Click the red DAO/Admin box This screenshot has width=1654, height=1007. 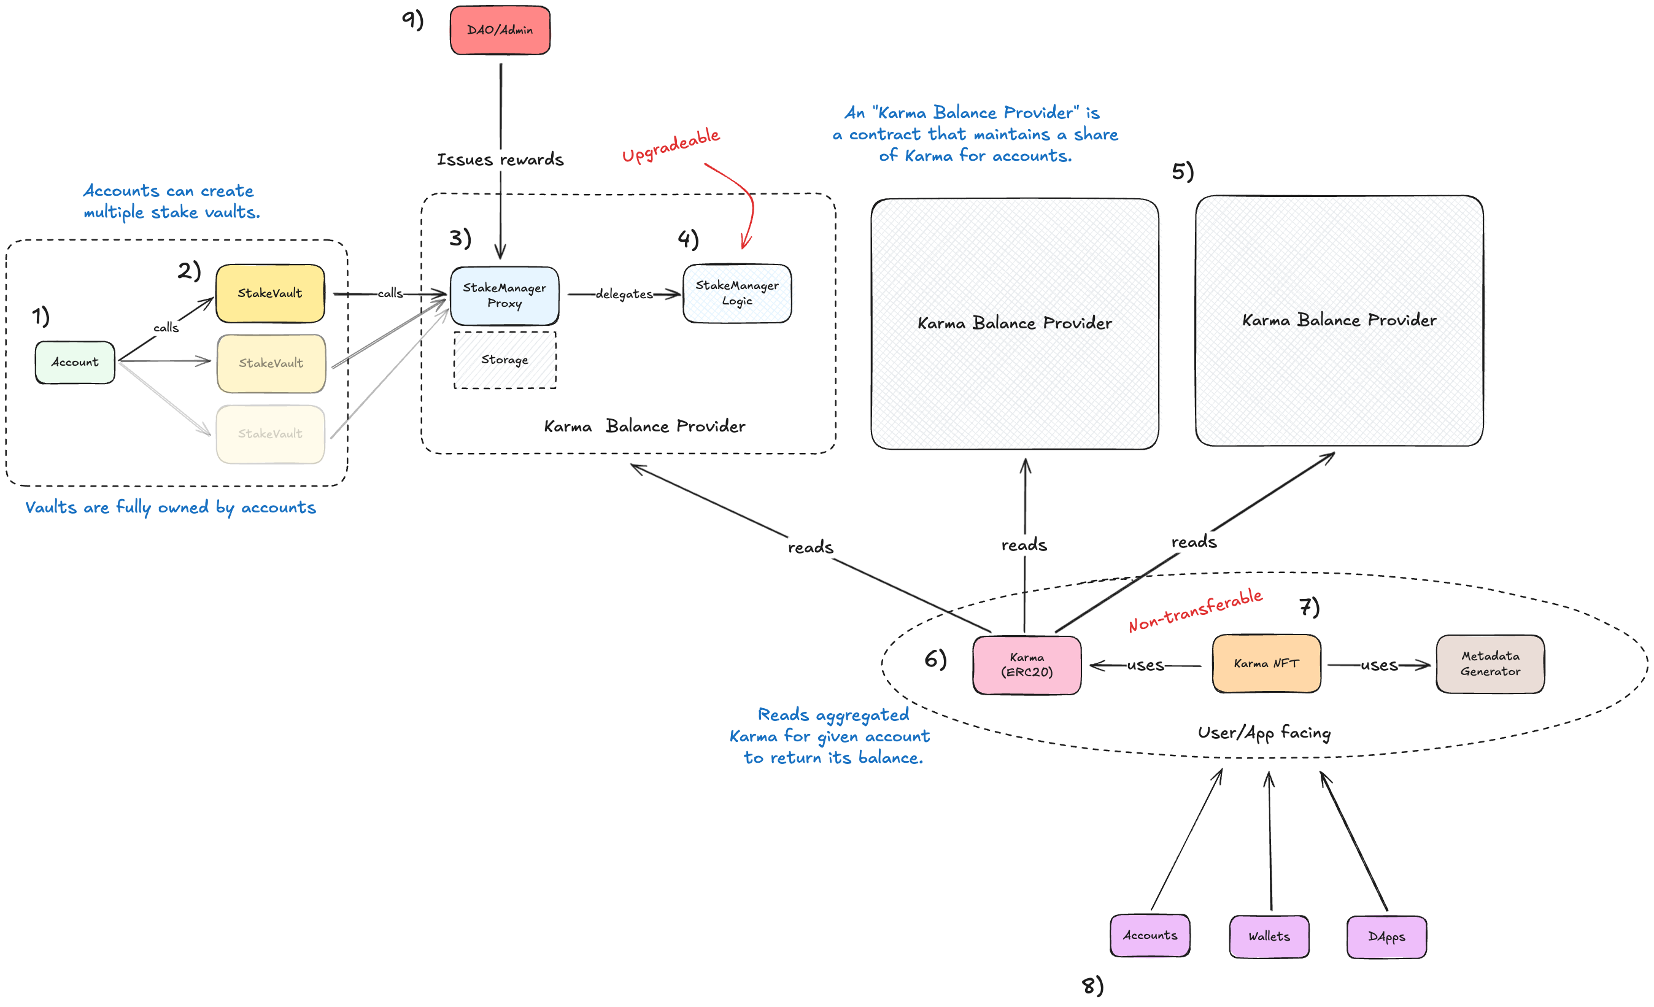pyautogui.click(x=500, y=30)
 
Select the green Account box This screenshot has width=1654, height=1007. pyautogui.click(x=74, y=363)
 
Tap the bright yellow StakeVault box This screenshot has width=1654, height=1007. pyautogui.click(x=270, y=293)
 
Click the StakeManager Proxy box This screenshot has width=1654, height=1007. pyautogui.click(x=504, y=295)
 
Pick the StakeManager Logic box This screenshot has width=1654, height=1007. pyautogui.click(x=737, y=293)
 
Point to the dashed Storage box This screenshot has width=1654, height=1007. pyautogui.click(x=504, y=360)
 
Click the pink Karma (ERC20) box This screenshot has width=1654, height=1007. pyautogui.click(x=1026, y=665)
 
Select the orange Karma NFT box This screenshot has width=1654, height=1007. pyautogui.click(x=1266, y=663)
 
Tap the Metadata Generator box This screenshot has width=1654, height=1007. pyautogui.click(x=1490, y=663)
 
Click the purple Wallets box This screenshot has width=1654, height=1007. pyautogui.click(x=1269, y=936)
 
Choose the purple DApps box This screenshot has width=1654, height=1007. pyautogui.click(x=1386, y=936)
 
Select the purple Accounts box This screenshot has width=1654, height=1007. pyautogui.click(x=1150, y=935)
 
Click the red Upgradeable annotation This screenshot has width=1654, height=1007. pyautogui.click(x=670, y=145)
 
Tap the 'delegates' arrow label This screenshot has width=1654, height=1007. pyautogui.click(x=624, y=294)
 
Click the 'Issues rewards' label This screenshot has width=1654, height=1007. pyautogui.click(x=500, y=160)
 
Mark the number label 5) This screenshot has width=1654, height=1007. pyautogui.click(x=1183, y=171)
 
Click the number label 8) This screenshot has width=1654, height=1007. pyautogui.click(x=1092, y=986)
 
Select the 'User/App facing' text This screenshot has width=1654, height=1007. pyautogui.click(x=1264, y=733)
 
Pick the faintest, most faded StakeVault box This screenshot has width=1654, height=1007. pyautogui.click(x=270, y=434)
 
